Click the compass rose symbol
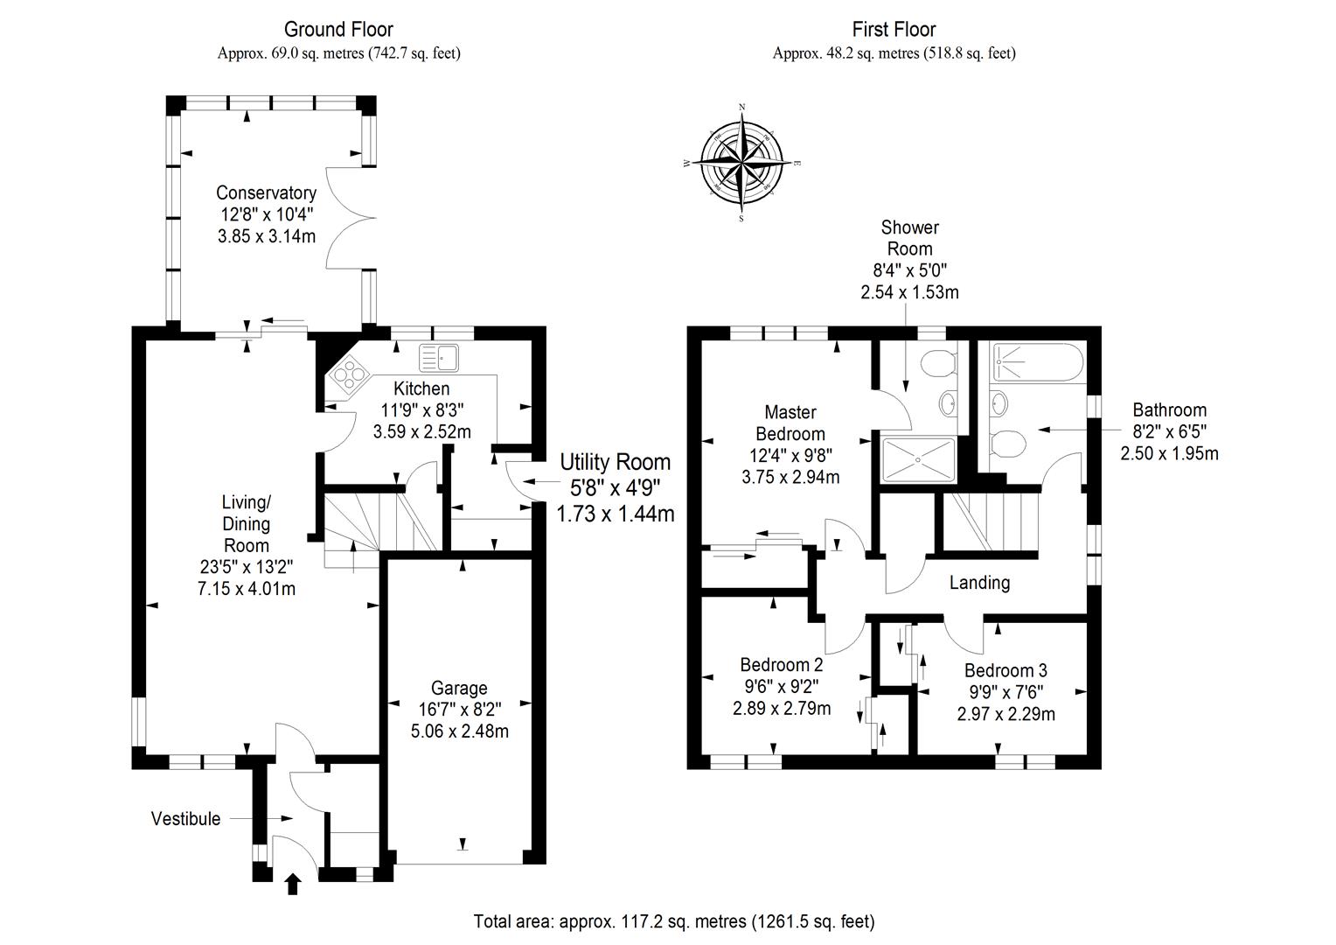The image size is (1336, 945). coord(742,163)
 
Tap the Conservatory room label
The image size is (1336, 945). coord(266,192)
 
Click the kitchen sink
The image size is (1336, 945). coord(439,357)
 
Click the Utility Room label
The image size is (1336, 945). coord(615,462)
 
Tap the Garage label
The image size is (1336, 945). coord(459,688)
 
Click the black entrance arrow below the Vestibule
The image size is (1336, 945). coord(293,885)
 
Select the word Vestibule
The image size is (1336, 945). coord(185,819)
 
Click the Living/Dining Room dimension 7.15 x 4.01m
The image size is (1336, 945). coord(247,589)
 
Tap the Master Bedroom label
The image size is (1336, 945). coord(790,423)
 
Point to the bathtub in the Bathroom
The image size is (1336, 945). coord(1037,360)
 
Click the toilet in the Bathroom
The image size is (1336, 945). coord(1009,443)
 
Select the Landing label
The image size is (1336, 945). coord(979,583)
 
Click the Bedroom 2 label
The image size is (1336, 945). coord(781,665)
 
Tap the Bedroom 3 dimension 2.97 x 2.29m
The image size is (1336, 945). coord(1005,714)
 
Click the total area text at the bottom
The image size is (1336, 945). coord(673,921)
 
